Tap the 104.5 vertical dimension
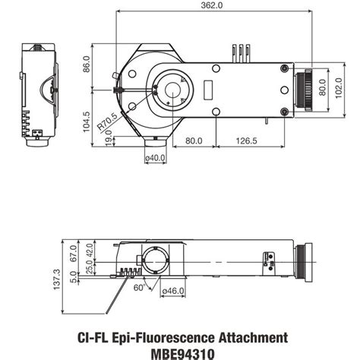[87, 122]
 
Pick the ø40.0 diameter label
[155, 158]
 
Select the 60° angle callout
[137, 288]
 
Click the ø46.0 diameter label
[174, 289]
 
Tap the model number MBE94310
[182, 352]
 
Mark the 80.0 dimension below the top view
[194, 140]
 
